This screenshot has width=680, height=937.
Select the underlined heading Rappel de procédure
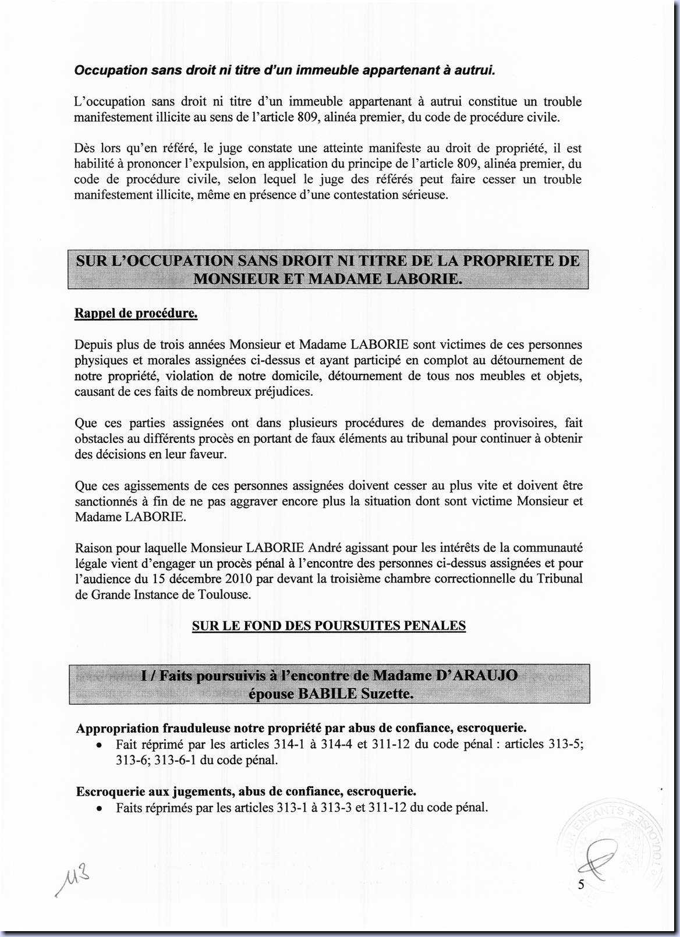click(136, 314)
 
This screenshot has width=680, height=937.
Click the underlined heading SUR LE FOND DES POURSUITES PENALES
click(328, 626)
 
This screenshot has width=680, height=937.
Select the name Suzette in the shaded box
click(387, 694)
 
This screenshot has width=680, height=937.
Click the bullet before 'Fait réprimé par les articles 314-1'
click(100, 745)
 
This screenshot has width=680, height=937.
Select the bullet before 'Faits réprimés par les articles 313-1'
click(100, 808)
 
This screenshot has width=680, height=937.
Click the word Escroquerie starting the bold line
click(109, 792)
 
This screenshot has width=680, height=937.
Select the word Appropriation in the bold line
click(118, 729)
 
